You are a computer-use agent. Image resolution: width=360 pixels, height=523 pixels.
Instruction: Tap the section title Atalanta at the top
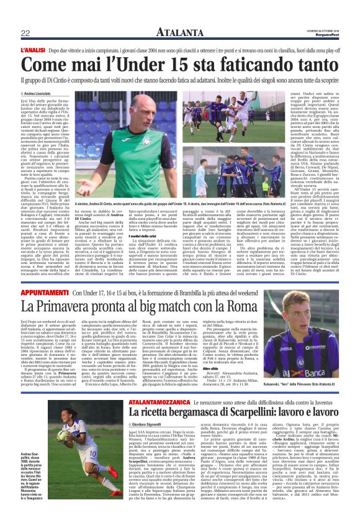(179, 32)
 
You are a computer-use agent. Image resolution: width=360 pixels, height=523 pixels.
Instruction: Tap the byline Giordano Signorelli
(136, 424)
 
